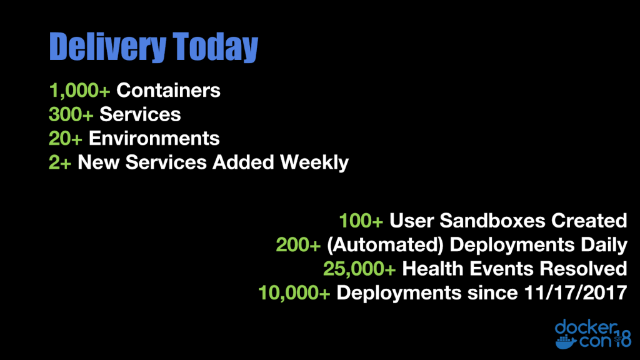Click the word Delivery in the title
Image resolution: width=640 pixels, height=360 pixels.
click(x=107, y=47)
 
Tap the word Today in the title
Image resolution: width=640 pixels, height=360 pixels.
click(x=215, y=47)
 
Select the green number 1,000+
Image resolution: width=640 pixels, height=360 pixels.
click(x=79, y=91)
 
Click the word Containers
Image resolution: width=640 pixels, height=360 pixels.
click(x=168, y=90)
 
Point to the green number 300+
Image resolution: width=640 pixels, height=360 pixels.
click(x=71, y=114)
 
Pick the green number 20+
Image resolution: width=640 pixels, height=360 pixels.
click(x=65, y=138)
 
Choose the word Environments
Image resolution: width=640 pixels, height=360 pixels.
click(x=154, y=138)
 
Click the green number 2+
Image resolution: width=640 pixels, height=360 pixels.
click(x=60, y=162)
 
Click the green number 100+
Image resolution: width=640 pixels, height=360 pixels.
click(x=361, y=221)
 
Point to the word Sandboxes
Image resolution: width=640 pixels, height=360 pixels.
click(x=492, y=221)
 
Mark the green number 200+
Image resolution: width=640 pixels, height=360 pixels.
click(x=298, y=245)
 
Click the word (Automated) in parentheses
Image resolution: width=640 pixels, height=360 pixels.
click(x=385, y=245)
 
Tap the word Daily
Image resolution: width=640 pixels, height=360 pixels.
click(x=604, y=245)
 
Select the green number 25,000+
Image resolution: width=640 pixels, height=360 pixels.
click(x=359, y=269)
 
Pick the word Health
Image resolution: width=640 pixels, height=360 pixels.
click(x=432, y=269)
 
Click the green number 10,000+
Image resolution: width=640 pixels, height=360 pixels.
click(x=294, y=293)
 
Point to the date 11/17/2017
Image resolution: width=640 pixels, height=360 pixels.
click(x=575, y=292)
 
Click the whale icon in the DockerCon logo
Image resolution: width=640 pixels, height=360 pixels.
click(x=566, y=342)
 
